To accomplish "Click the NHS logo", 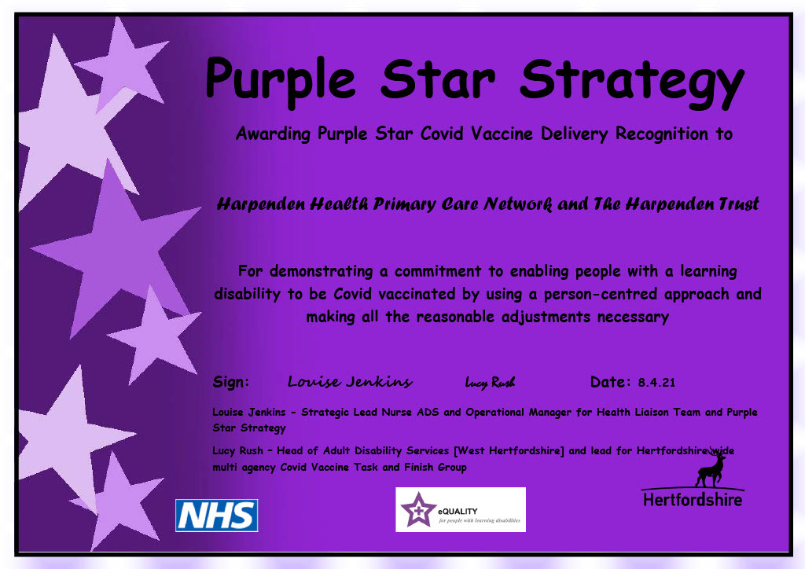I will click(217, 516).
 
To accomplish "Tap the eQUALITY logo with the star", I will click(460, 509).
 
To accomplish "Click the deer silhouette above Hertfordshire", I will click(710, 468).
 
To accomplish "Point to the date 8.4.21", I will click(656, 384).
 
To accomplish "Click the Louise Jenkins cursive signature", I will click(350, 382).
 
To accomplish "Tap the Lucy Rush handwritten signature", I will click(490, 383).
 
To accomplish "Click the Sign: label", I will click(231, 383).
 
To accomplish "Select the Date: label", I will click(611, 383).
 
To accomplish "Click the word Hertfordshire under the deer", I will click(692, 499).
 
